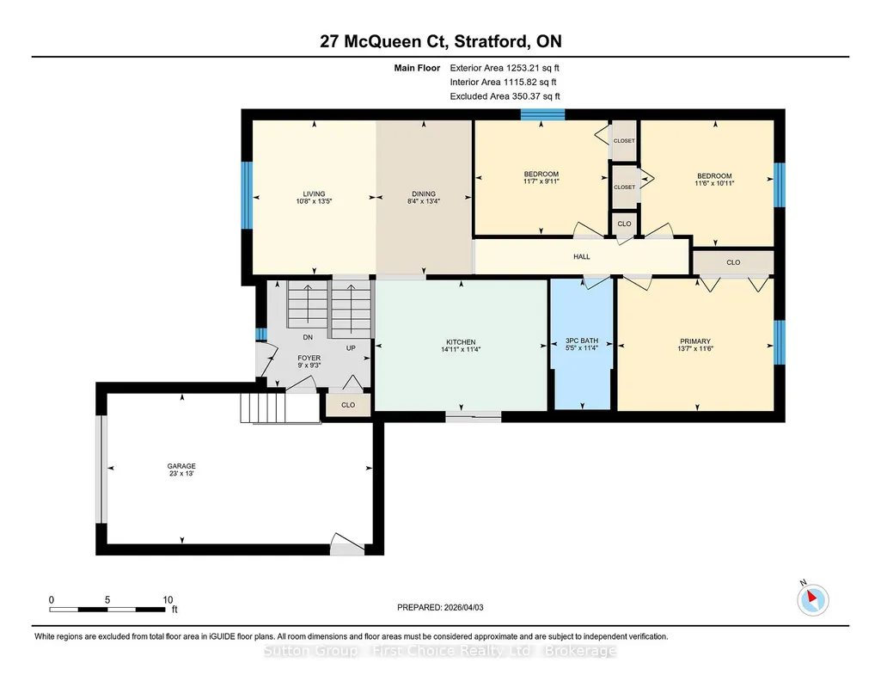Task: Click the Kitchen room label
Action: pos(461,342)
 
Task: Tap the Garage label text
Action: pos(181,466)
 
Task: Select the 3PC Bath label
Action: pos(582,340)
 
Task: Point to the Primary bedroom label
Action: pos(695,341)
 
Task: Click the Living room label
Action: pos(314,193)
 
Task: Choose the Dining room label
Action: pos(424,193)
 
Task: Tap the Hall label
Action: pos(582,257)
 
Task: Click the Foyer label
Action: pos(309,358)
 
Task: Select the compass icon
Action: pos(812,599)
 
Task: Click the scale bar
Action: pos(107,610)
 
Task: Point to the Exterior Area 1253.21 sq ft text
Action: pos(505,68)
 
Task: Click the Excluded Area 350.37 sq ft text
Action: pos(505,96)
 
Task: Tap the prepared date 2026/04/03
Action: pos(463,607)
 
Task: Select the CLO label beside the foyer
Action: pos(348,405)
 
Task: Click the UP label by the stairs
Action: pos(351,348)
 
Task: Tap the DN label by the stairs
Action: pos(308,337)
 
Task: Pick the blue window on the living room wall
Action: pos(247,195)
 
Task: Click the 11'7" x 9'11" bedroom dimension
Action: pos(541,181)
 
